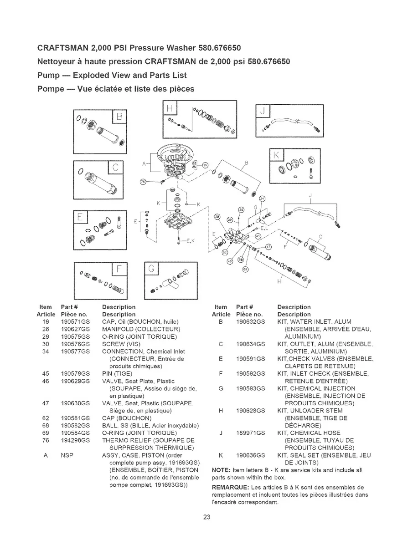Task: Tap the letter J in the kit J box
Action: [x=263, y=111]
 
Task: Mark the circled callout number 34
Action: [x=262, y=199]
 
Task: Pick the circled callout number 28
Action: [x=217, y=216]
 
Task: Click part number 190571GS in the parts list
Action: [x=74, y=322]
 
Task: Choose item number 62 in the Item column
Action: [x=45, y=418]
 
